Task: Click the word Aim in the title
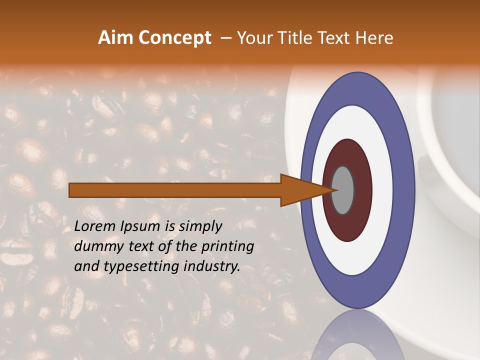[115, 38]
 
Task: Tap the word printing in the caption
[227, 247]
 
